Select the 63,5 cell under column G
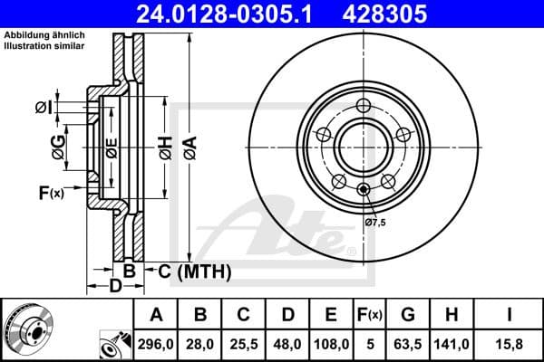[x=408, y=344]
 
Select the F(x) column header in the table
[x=370, y=315]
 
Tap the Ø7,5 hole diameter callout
[x=375, y=222]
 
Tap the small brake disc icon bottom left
[x=25, y=329]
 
